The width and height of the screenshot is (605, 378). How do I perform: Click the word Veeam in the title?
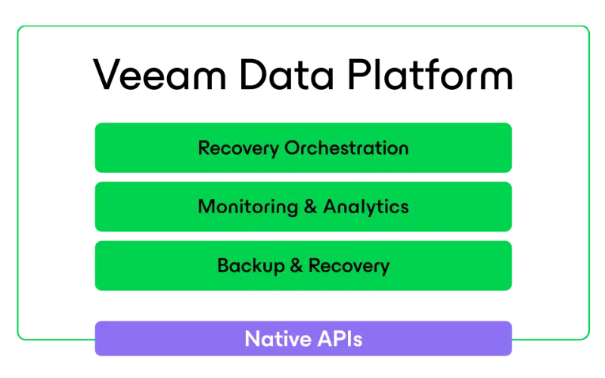160,75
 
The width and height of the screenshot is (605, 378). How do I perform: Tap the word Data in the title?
287,75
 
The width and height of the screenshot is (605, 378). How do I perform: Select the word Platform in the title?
430,74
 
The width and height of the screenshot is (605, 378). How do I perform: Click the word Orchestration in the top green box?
346,147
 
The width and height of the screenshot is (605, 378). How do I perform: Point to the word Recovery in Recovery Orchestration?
238,148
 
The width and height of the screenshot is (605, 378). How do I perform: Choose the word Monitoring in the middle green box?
248,207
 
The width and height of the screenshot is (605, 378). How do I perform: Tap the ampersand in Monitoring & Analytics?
311,206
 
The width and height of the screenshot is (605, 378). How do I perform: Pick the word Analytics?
366,207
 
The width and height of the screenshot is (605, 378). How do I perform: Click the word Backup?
251,266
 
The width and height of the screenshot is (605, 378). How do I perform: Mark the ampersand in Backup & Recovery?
296,265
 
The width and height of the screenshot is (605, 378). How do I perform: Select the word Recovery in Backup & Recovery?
349,266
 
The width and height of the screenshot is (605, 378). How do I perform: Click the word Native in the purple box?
278,339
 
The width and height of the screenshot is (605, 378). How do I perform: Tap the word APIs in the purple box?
340,339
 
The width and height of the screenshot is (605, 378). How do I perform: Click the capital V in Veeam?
109,74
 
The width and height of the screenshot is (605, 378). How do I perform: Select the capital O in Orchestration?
293,147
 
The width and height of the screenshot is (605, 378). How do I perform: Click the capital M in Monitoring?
206,206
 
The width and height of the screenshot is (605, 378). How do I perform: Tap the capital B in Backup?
224,265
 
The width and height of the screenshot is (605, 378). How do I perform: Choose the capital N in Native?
253,339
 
